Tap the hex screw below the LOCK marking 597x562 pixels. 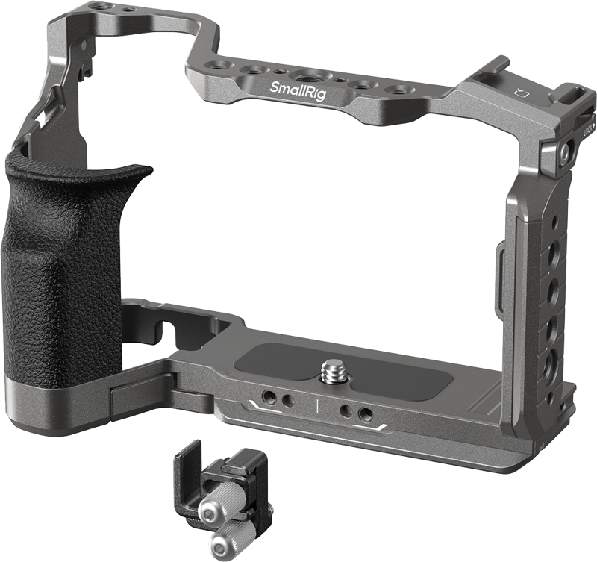click(565, 154)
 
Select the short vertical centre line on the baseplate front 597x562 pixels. click(317, 407)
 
